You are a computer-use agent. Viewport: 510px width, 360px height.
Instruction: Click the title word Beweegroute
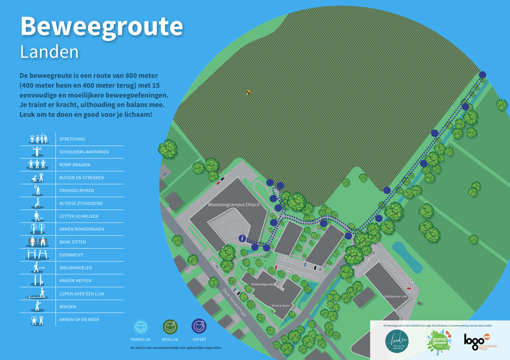101,27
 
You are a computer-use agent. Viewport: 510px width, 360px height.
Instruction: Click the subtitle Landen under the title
50,52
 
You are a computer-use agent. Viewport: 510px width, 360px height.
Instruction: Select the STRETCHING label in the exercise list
72,139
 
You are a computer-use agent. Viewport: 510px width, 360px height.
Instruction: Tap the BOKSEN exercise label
68,307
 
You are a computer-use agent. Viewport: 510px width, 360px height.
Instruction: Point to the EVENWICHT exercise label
71,255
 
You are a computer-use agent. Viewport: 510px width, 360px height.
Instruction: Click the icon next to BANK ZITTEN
37,242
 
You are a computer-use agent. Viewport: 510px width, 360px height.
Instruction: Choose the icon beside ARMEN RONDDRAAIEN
37,229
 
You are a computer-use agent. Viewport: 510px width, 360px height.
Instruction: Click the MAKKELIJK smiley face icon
140,327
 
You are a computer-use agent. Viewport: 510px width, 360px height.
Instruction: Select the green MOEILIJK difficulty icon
170,327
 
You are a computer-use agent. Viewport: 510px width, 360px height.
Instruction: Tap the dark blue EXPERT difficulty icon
199,326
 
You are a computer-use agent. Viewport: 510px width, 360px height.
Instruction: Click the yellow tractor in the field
248,92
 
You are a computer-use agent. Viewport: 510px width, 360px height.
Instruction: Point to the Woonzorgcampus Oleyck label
227,205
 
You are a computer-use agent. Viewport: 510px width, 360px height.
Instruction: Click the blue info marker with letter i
243,238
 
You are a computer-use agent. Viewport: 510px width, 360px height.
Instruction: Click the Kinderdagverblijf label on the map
264,285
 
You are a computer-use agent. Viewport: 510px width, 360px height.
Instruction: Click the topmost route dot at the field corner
482,75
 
